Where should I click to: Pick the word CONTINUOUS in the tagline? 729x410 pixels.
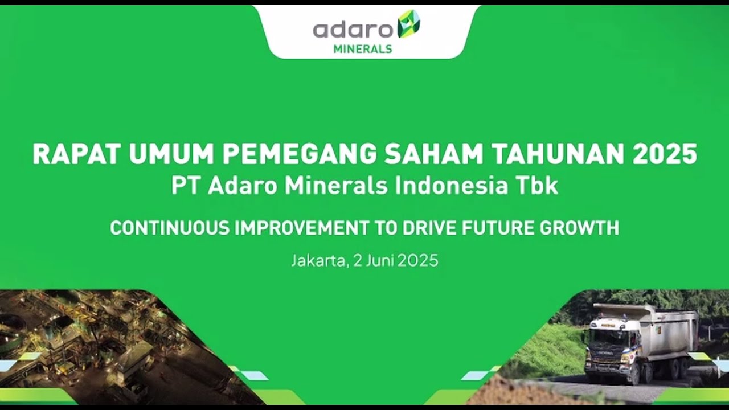169,228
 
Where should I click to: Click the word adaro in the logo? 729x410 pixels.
353,30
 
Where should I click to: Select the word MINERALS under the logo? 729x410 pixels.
363,49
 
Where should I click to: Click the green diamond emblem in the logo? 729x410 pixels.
408,24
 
